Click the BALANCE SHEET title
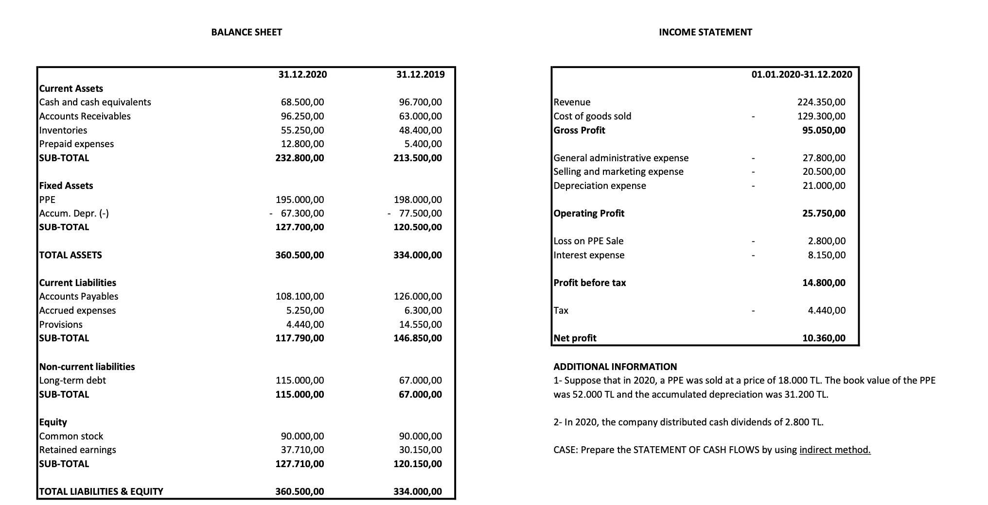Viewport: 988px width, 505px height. pos(247,32)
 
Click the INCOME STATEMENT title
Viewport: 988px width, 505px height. pos(705,32)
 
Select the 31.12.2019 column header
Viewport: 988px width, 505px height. pos(420,74)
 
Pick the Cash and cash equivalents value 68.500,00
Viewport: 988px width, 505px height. pos(302,102)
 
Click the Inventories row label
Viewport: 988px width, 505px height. pos(63,130)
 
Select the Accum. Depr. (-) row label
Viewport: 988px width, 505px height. pos(74,213)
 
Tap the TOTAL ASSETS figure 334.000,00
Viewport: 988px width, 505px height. pos(418,255)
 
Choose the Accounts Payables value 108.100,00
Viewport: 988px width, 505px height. pos(300,296)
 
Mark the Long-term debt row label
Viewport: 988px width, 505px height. pos(72,380)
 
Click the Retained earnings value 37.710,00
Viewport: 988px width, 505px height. pos(302,450)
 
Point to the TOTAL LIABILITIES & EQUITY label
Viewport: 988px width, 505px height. pos(101,491)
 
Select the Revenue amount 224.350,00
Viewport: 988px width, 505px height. pos(821,102)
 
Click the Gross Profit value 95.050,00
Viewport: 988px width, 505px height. pos(824,130)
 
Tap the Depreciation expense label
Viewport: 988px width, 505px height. pos(600,185)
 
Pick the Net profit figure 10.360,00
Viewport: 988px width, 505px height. pos(824,338)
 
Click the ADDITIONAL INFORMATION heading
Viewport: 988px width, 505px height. pos(615,367)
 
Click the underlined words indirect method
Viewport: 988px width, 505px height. pos(835,450)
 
